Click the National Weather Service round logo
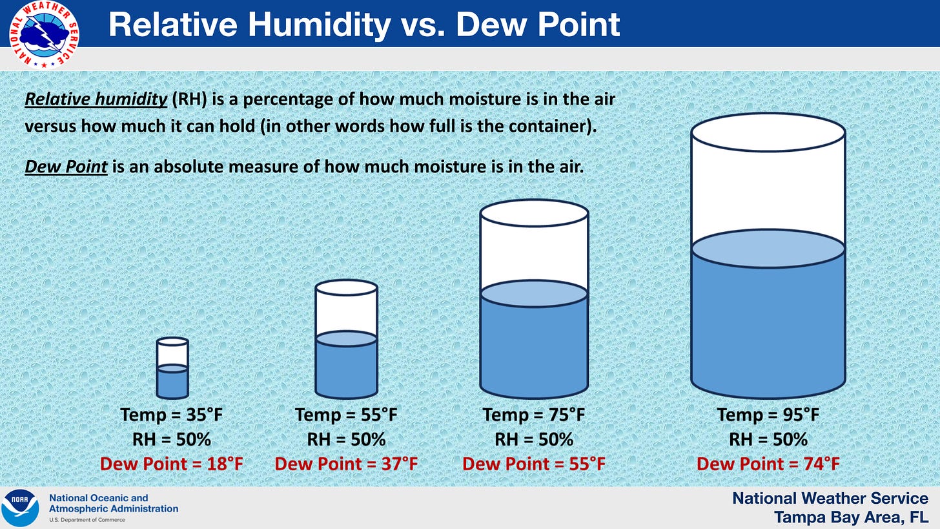coord(44,34)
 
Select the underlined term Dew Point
coord(66,167)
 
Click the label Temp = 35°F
coord(172,415)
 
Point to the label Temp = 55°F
coord(346,415)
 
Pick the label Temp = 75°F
coord(534,415)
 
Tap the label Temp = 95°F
coord(768,415)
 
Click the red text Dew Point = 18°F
coord(172,464)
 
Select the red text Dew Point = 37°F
coord(346,464)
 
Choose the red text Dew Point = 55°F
coord(534,464)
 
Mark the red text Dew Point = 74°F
coord(768,464)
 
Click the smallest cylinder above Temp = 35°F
coord(172,368)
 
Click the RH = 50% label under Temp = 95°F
coord(768,439)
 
